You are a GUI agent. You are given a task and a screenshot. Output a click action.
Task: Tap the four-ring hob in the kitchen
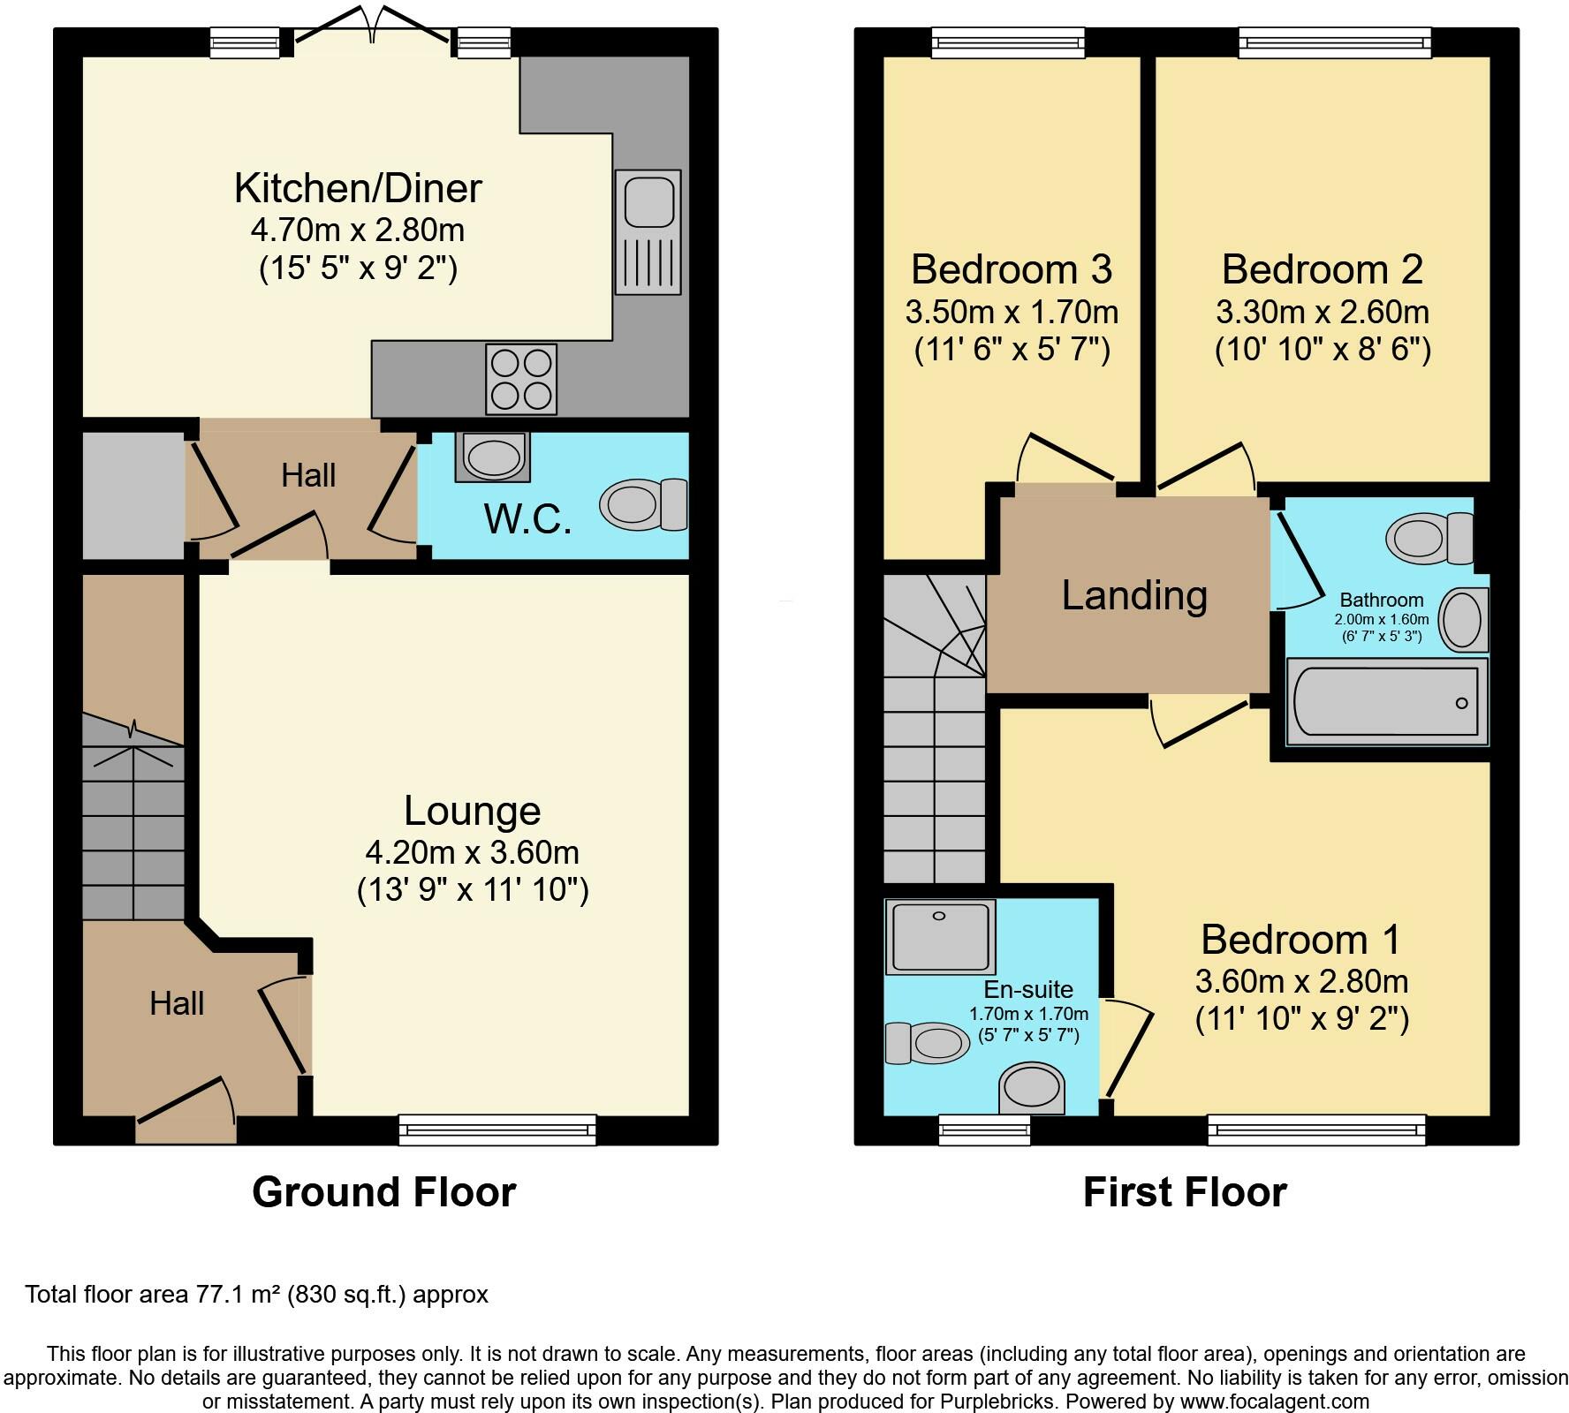click(521, 379)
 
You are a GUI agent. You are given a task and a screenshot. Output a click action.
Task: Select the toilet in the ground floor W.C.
click(643, 505)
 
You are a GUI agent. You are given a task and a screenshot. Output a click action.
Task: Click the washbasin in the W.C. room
click(493, 457)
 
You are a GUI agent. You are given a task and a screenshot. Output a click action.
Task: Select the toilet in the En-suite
click(927, 1044)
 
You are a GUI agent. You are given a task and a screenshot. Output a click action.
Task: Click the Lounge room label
click(472, 811)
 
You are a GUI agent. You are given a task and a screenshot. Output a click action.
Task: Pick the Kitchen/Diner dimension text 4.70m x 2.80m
click(358, 230)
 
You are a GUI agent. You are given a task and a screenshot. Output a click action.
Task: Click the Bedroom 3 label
click(1011, 269)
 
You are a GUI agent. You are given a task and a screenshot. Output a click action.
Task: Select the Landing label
click(1134, 595)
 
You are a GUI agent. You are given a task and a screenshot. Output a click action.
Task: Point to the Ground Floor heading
click(383, 1192)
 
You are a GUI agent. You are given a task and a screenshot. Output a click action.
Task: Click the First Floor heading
click(1184, 1192)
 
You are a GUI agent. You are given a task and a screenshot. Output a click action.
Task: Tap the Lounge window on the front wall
click(497, 1130)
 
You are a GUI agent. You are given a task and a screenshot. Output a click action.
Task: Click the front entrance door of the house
click(186, 1122)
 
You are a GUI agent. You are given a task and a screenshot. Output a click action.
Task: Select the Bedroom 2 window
click(1334, 42)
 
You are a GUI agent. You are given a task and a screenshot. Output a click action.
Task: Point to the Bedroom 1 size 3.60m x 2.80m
click(1301, 981)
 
